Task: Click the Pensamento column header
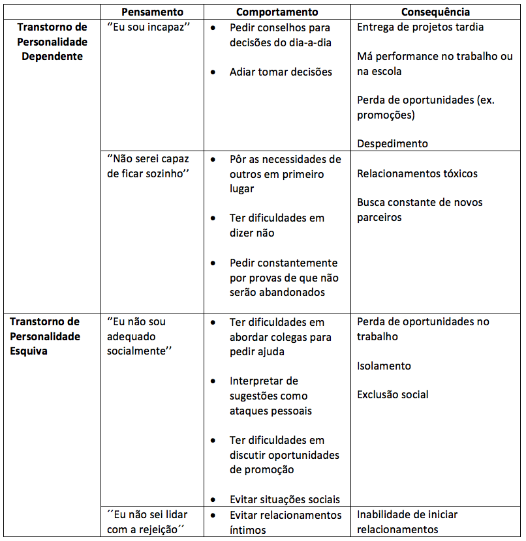point(153,12)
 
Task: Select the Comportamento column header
point(277,12)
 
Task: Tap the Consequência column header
point(435,12)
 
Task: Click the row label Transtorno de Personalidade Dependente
point(52,42)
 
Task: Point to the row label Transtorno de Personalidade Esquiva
point(45,336)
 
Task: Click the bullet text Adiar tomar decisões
point(281,72)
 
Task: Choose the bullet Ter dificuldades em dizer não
point(277,226)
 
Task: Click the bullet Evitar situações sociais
point(285,499)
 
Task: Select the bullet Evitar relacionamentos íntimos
point(285,522)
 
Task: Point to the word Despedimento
point(392,143)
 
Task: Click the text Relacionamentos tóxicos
point(417,173)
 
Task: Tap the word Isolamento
point(384,366)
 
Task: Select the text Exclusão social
point(393,394)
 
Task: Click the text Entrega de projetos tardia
point(420,27)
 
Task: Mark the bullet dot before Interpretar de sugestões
point(214,381)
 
